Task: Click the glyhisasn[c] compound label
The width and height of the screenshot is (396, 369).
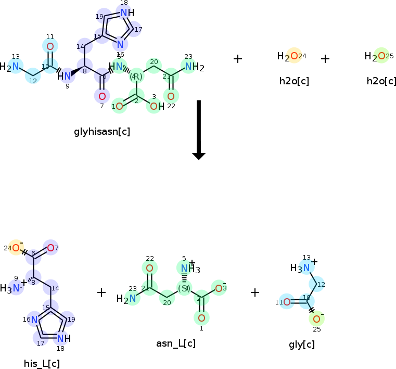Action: [x=102, y=132]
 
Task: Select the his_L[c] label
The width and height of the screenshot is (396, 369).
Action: [x=42, y=363]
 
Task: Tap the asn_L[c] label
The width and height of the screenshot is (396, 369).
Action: [x=176, y=343]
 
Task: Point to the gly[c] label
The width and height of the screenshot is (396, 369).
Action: [x=302, y=345]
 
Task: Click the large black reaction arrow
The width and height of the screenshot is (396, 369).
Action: [x=199, y=130]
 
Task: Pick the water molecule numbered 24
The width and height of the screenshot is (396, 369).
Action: [x=293, y=56]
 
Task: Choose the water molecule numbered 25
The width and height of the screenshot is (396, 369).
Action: [x=381, y=56]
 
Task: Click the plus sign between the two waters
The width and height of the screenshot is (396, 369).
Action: [x=325, y=59]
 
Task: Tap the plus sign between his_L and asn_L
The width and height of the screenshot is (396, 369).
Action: [x=101, y=292]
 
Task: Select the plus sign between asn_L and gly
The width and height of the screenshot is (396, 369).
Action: [x=254, y=292]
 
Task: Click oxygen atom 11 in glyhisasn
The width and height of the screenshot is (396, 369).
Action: [x=50, y=47]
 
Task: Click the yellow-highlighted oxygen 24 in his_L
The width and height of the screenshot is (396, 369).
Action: [x=16, y=248]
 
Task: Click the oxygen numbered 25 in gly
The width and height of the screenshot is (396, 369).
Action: [x=316, y=319]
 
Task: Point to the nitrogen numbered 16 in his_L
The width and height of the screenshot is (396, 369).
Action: [x=34, y=320]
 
